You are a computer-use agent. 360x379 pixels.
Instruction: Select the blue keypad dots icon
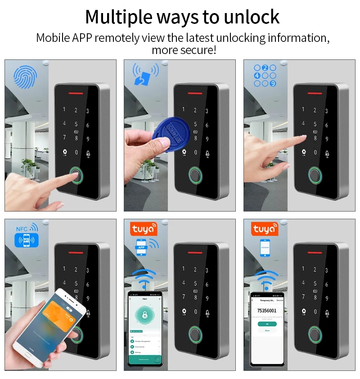tap(265, 75)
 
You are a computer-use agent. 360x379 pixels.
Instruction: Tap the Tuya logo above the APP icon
tap(144, 229)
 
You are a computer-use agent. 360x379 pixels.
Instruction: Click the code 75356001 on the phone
tap(267, 311)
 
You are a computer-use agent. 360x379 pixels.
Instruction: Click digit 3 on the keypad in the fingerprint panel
tap(88, 111)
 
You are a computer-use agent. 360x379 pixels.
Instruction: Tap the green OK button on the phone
tap(267, 324)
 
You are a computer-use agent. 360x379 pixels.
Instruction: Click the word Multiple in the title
tap(118, 17)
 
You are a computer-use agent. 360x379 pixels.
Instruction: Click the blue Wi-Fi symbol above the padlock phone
tap(144, 278)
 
